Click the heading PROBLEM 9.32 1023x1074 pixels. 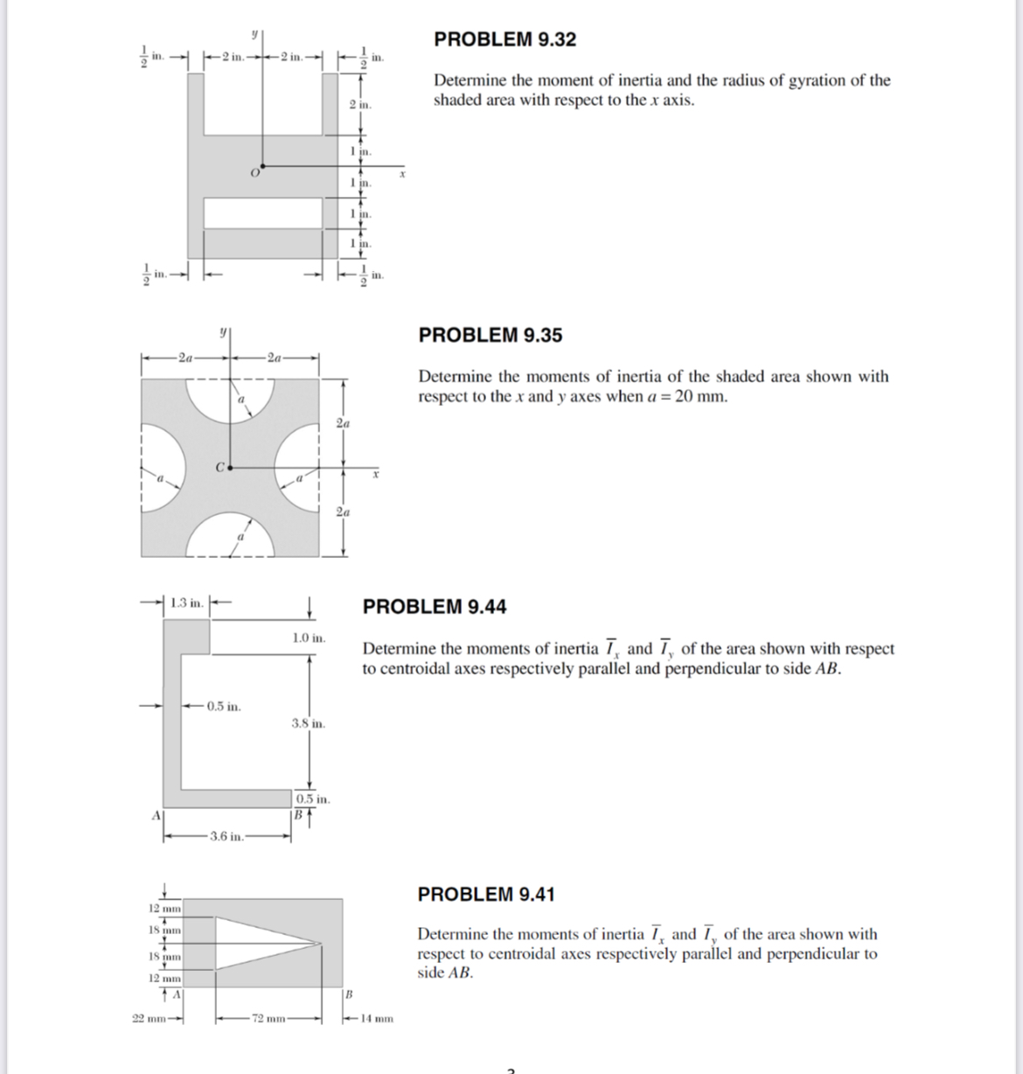(505, 39)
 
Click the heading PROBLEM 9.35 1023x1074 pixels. (490, 335)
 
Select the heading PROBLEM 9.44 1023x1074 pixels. (435, 606)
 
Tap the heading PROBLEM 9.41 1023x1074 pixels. (486, 895)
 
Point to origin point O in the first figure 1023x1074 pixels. (262, 166)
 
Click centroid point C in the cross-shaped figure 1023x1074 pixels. (230, 468)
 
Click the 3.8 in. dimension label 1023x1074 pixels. (308, 723)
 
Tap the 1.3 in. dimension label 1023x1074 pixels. (187, 603)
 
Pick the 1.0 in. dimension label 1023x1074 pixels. (309, 638)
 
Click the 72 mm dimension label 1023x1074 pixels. (268, 1018)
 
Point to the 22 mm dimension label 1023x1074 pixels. (150, 1018)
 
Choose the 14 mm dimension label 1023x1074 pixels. (377, 1018)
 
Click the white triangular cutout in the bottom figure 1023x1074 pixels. (251, 943)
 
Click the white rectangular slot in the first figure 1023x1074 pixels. (262, 213)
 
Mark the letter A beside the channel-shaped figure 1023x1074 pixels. (157, 816)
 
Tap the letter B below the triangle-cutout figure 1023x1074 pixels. (349, 994)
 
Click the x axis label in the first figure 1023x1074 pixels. (402, 175)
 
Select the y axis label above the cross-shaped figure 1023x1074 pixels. (223, 331)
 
